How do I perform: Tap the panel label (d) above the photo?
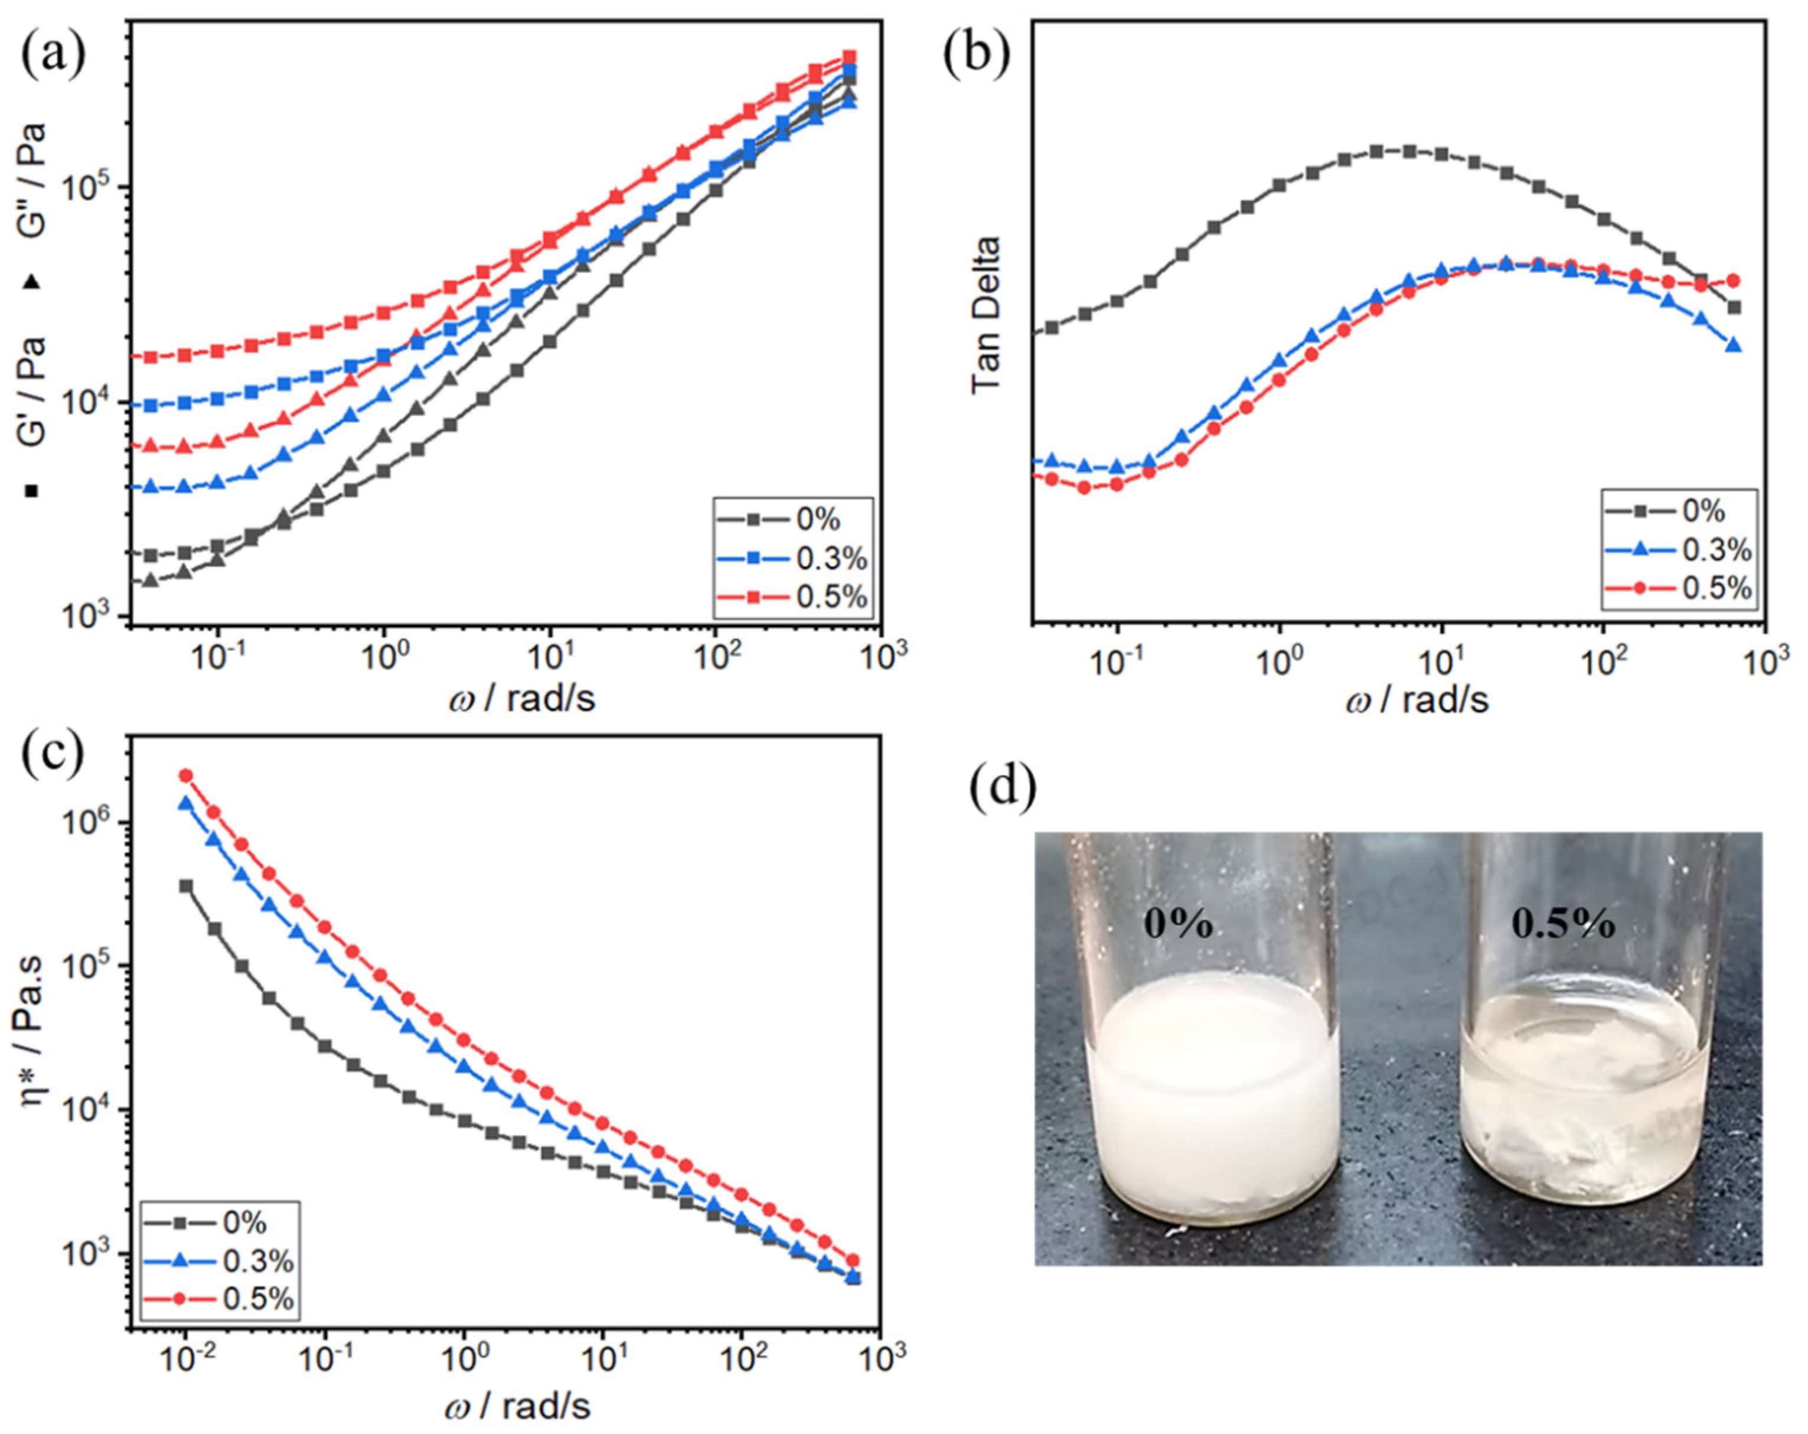click(x=1002, y=787)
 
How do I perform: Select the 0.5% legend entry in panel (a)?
click(x=830, y=597)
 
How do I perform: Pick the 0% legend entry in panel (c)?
click(x=244, y=1223)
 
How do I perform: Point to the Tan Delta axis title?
click(x=988, y=314)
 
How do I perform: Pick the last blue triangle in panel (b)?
click(x=1734, y=346)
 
